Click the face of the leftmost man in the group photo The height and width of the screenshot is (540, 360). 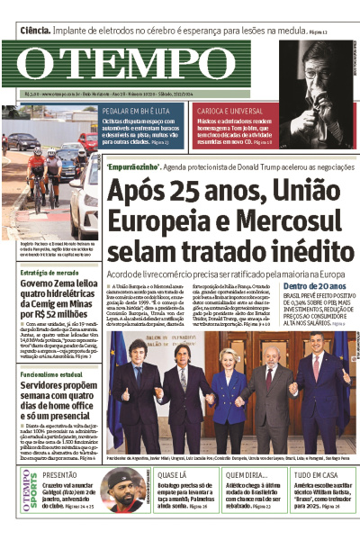tap(138, 348)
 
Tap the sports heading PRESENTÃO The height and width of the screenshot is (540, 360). tap(60, 473)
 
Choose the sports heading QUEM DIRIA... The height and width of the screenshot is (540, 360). tap(246, 473)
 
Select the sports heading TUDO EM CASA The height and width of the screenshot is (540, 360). tap(315, 473)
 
